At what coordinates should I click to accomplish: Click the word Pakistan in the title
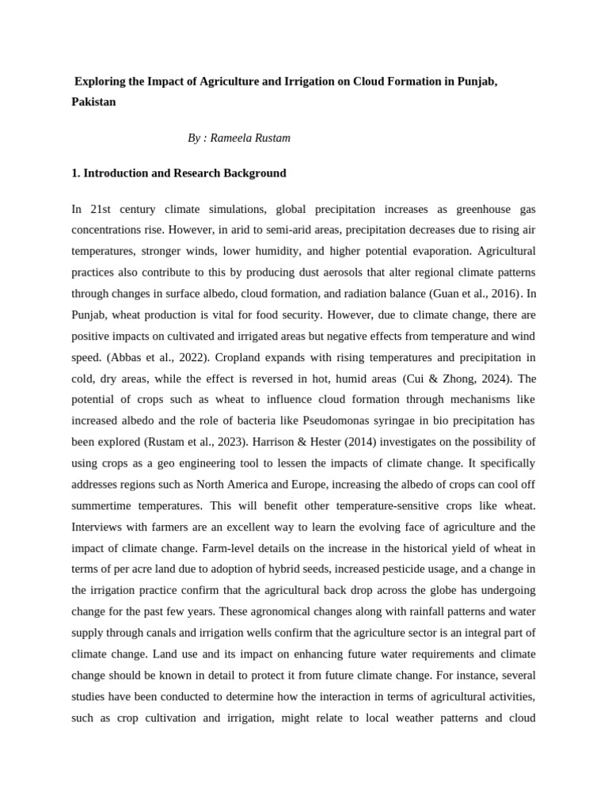pos(93,102)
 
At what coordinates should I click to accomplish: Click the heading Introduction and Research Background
pos(184,173)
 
